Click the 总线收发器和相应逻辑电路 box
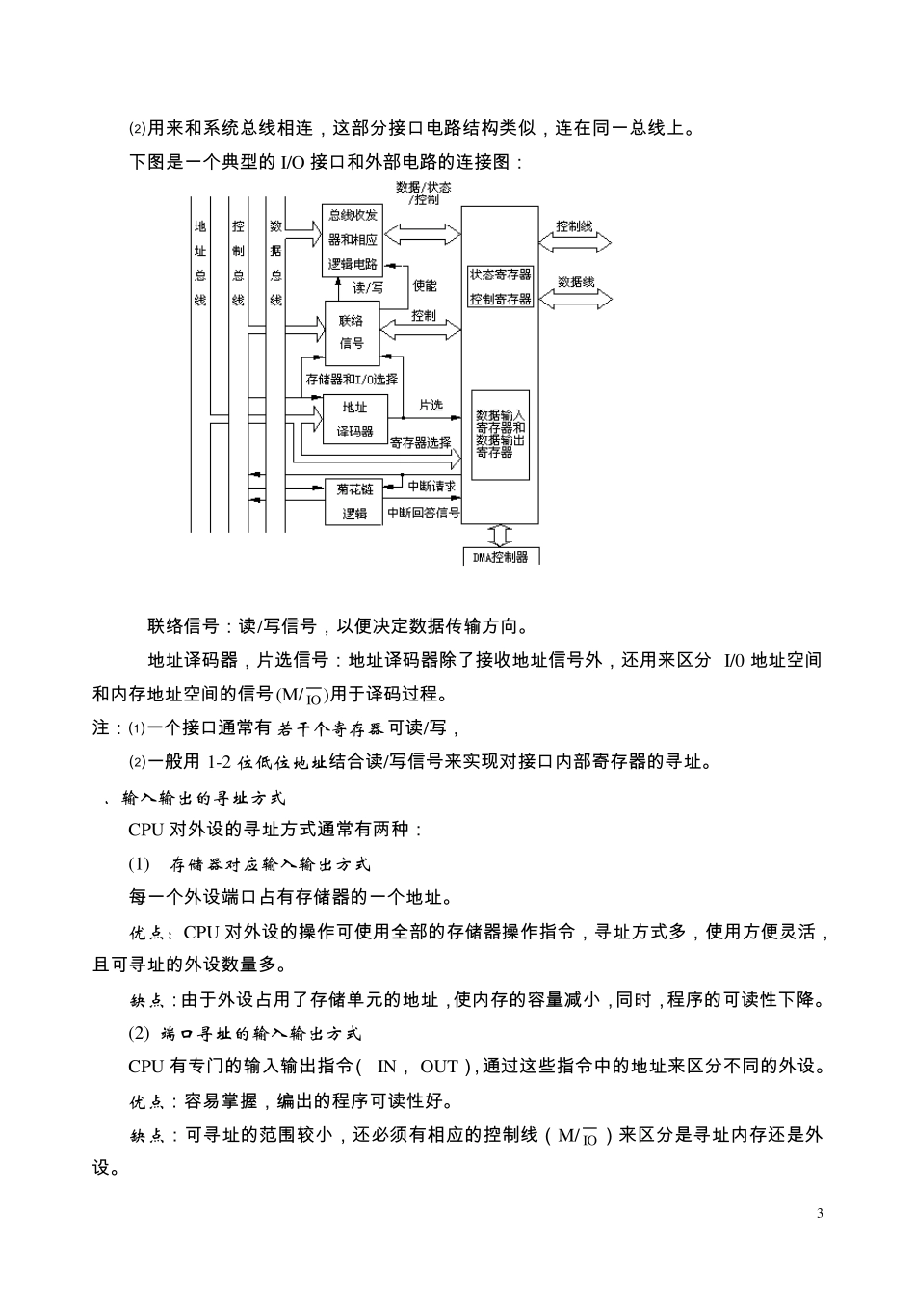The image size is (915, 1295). coord(353,239)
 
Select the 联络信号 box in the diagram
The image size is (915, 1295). coord(352,330)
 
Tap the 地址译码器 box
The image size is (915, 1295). coord(354,419)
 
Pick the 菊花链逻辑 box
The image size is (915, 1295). coord(354,501)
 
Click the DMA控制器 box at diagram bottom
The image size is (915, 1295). coord(501,556)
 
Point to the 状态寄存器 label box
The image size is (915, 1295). coord(500,275)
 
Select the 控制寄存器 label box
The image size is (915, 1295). coord(500,299)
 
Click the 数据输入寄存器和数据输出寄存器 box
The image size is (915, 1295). coord(500,434)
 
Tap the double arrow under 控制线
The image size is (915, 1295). coord(575,243)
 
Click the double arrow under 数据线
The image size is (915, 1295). coord(575,299)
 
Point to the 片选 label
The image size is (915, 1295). coord(431,406)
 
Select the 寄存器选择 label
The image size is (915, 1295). coord(421,443)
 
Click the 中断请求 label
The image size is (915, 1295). coord(431,487)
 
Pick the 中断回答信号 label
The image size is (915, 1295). coord(423,513)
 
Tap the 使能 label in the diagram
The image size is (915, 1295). coord(425,286)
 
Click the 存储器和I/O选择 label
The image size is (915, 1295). coord(351,379)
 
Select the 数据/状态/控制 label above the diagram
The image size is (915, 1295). coord(424,194)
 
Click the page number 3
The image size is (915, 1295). coord(820,1213)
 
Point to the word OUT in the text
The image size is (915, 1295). coord(438,1067)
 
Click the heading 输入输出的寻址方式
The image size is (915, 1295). coord(203,798)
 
